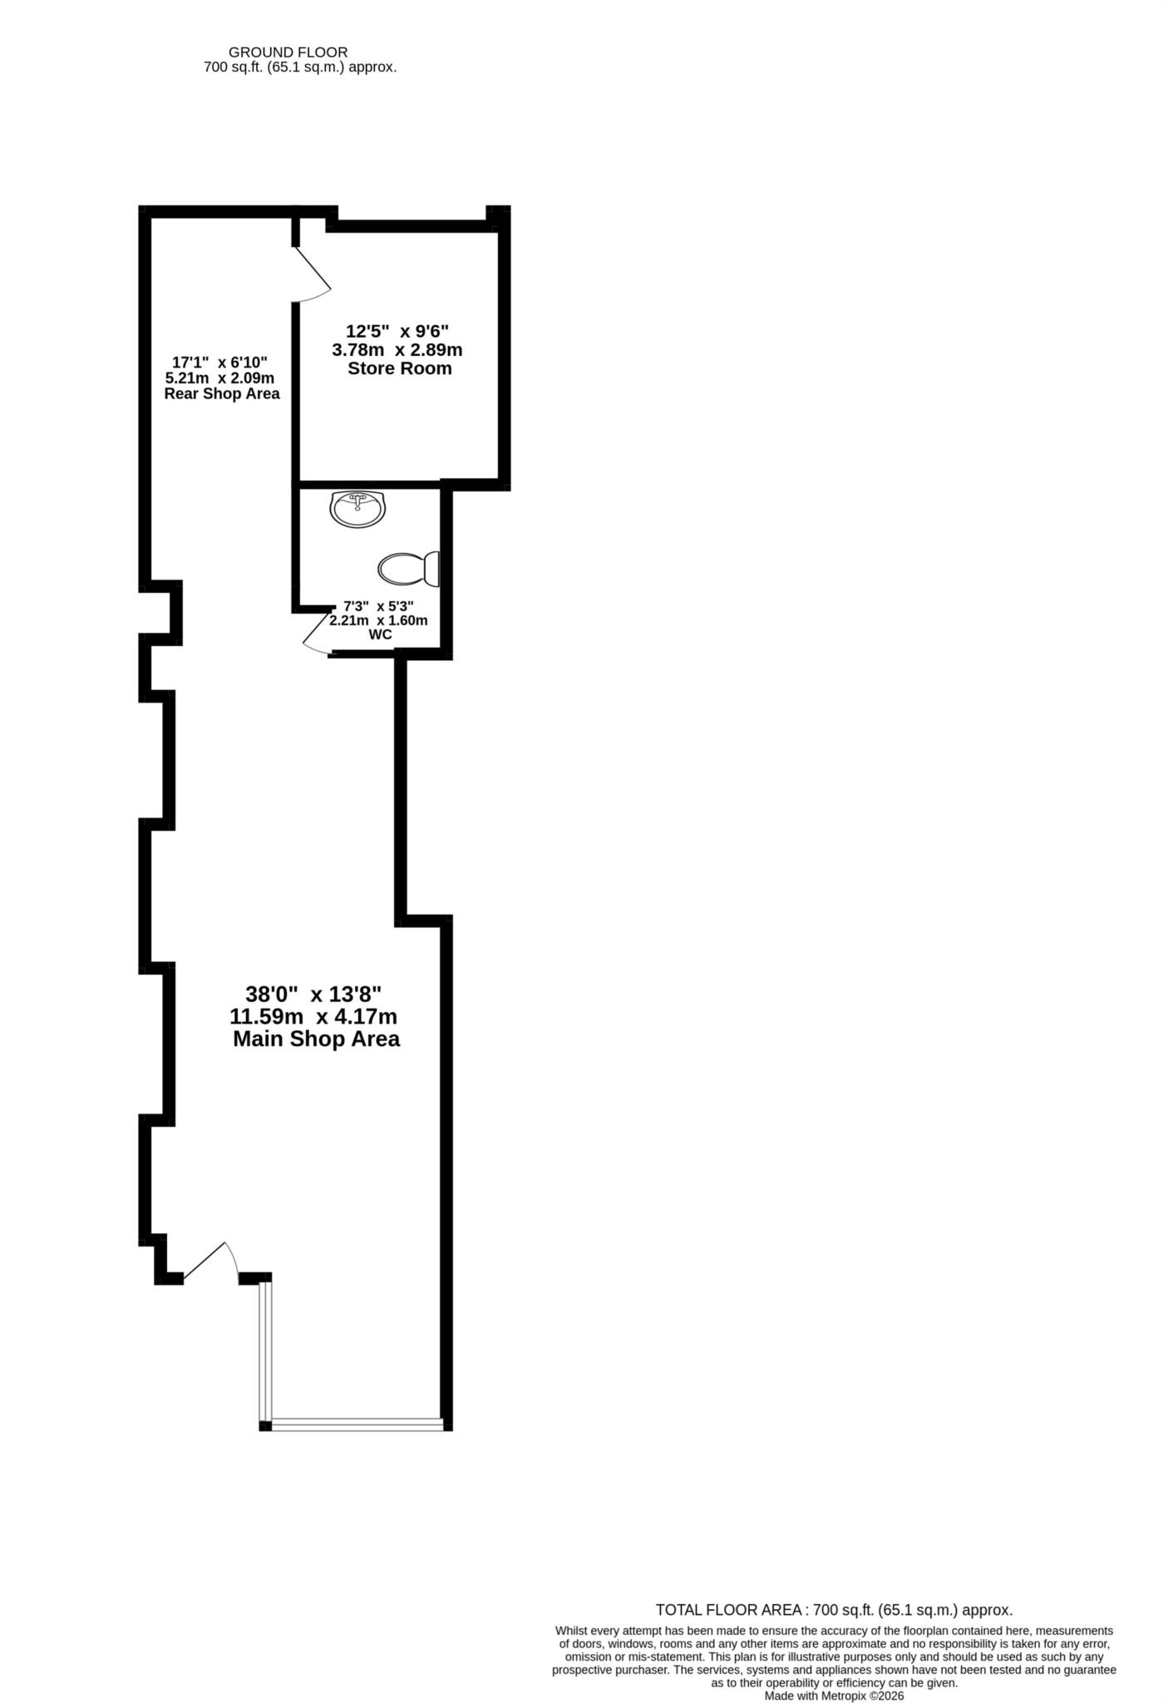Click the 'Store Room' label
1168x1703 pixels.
(399, 368)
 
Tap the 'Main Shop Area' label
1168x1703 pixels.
(316, 1039)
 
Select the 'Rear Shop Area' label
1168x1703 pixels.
(221, 393)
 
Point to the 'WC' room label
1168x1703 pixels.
(380, 634)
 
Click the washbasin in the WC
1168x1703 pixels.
(357, 509)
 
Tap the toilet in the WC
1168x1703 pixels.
(408, 570)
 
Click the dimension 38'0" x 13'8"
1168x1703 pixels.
(313, 994)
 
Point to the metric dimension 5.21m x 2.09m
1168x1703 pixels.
(219, 378)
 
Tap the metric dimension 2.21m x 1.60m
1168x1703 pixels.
(378, 620)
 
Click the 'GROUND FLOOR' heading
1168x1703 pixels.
(288, 52)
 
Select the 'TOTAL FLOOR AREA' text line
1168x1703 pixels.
(834, 1609)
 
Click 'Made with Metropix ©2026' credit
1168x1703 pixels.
(834, 1696)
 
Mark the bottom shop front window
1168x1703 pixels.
(357, 1424)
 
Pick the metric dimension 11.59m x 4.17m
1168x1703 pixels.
(313, 1016)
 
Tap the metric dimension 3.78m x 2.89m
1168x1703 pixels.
(397, 349)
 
